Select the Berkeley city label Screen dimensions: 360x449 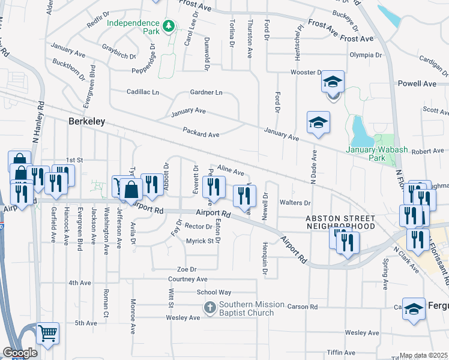86,121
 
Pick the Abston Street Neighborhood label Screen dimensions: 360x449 340,222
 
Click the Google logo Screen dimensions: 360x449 20,352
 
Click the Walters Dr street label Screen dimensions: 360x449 300,203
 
